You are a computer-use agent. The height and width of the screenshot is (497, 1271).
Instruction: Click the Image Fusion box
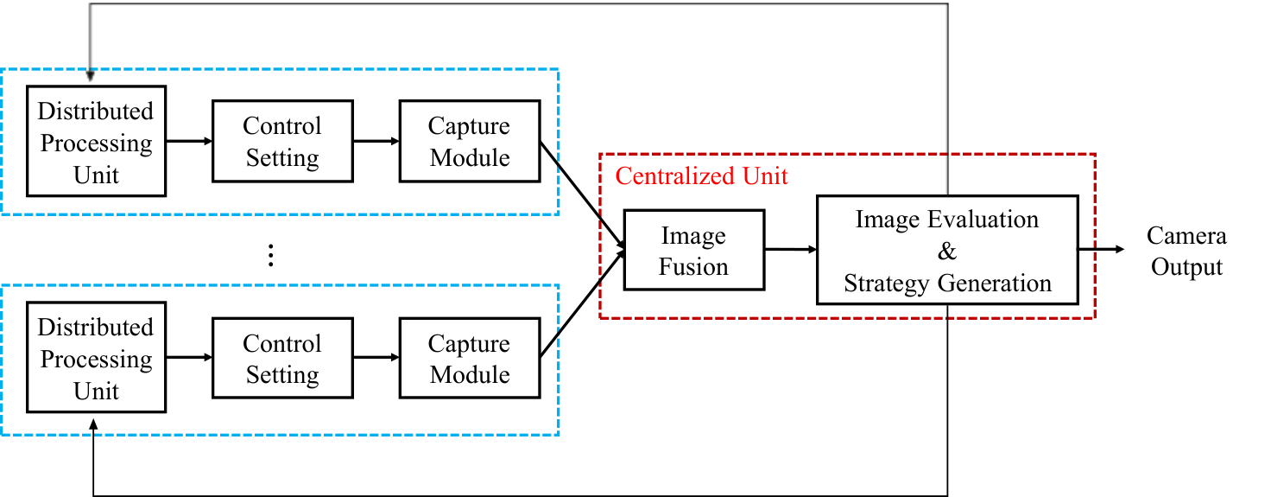pos(694,250)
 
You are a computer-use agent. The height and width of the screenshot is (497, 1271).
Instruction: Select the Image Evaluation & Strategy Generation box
pos(947,250)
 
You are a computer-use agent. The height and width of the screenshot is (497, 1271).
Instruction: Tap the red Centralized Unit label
pos(701,176)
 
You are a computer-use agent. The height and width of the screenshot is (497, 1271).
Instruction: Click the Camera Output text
pos(1186,251)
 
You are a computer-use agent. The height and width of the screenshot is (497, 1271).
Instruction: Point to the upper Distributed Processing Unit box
pos(97,142)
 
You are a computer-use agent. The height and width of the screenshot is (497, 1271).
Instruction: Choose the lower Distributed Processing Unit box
pos(97,357)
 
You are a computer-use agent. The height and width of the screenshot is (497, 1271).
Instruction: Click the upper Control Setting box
pos(282,142)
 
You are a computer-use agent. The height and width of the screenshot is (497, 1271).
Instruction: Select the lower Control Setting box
pos(282,358)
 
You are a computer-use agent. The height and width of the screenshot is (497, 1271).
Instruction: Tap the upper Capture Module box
pos(470,142)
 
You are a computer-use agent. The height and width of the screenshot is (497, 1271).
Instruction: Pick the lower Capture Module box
pos(470,358)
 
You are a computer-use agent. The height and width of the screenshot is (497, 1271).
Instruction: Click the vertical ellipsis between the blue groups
pos(270,256)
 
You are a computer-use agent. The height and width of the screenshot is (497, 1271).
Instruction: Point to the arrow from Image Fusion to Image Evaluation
pos(790,249)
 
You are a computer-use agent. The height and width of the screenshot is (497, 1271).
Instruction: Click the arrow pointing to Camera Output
pos(1102,249)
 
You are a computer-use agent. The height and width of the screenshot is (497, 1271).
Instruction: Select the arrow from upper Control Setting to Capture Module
pos(376,141)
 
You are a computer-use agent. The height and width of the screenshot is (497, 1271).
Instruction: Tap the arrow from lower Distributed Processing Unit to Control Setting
pos(189,357)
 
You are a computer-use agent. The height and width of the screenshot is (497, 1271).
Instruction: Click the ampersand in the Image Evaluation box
pos(947,251)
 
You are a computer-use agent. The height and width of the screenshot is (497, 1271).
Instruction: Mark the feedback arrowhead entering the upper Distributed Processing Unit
pos(90,76)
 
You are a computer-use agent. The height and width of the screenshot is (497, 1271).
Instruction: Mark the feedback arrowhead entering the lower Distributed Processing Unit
pos(93,425)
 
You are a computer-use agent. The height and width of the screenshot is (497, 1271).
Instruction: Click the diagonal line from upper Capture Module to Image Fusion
pos(582,194)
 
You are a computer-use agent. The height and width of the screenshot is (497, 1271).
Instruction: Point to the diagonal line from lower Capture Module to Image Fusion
pos(582,304)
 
